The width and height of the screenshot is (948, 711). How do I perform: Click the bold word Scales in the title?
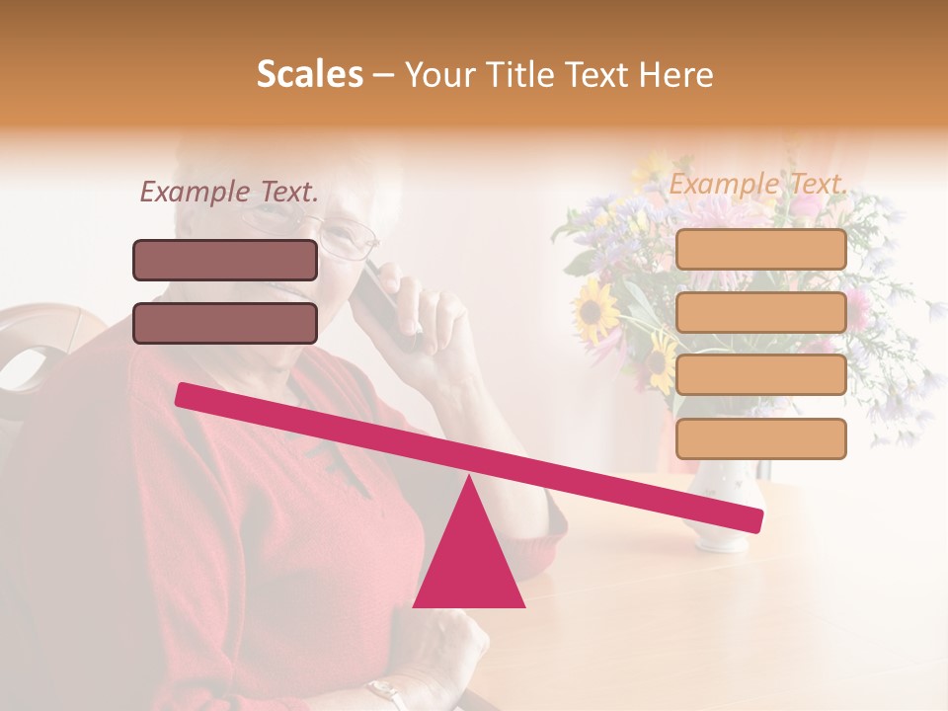pyautogui.click(x=309, y=75)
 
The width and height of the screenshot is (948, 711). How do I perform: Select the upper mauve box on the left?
pyautogui.click(x=225, y=260)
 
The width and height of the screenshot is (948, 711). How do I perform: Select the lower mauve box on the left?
pyautogui.click(x=225, y=323)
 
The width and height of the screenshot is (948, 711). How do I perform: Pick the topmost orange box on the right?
pyautogui.click(x=760, y=250)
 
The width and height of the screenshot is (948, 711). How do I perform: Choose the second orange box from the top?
pyautogui.click(x=760, y=312)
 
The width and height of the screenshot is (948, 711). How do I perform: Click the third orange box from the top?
pyautogui.click(x=760, y=375)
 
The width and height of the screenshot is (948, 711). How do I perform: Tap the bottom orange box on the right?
pyautogui.click(x=760, y=438)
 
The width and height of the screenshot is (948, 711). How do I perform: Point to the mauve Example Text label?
pyautogui.click(x=229, y=193)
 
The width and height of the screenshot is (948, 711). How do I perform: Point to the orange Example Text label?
pyautogui.click(x=757, y=184)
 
